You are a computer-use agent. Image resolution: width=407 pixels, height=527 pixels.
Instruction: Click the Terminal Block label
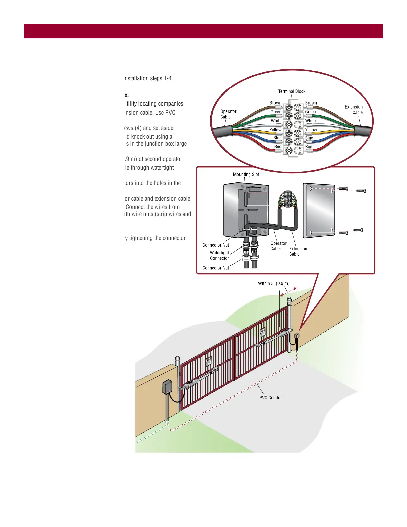point(292,91)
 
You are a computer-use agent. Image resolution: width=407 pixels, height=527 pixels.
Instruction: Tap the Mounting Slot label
point(246,174)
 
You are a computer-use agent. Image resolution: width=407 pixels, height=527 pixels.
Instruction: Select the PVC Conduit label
point(271,398)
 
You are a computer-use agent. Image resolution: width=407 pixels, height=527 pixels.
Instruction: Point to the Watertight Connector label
point(219,255)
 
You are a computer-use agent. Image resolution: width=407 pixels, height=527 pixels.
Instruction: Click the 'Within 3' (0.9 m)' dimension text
point(274,284)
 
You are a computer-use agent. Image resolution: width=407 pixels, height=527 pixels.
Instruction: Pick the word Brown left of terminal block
point(275,103)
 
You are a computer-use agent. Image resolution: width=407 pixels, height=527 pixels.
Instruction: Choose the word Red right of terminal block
point(309,147)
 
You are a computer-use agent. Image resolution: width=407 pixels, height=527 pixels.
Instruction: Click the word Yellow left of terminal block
point(275,130)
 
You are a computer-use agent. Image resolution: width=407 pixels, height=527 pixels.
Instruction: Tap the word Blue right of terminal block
point(309,138)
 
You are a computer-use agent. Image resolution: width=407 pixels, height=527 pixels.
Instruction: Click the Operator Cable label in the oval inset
point(228,114)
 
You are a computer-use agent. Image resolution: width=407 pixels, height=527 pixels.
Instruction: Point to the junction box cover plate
point(319,210)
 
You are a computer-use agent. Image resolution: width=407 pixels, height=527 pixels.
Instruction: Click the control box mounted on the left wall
point(167,387)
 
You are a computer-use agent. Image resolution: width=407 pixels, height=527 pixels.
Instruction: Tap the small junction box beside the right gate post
point(297,336)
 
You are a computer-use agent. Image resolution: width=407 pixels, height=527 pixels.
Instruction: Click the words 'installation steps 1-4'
point(149,78)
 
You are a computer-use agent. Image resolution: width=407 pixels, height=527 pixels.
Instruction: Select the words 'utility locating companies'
point(155,104)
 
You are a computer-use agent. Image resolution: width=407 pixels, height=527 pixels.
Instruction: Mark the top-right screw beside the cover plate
point(361,191)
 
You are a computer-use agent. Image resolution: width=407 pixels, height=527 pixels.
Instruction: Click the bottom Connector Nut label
point(216,268)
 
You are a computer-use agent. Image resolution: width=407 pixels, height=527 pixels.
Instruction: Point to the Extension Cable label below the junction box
point(298,251)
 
